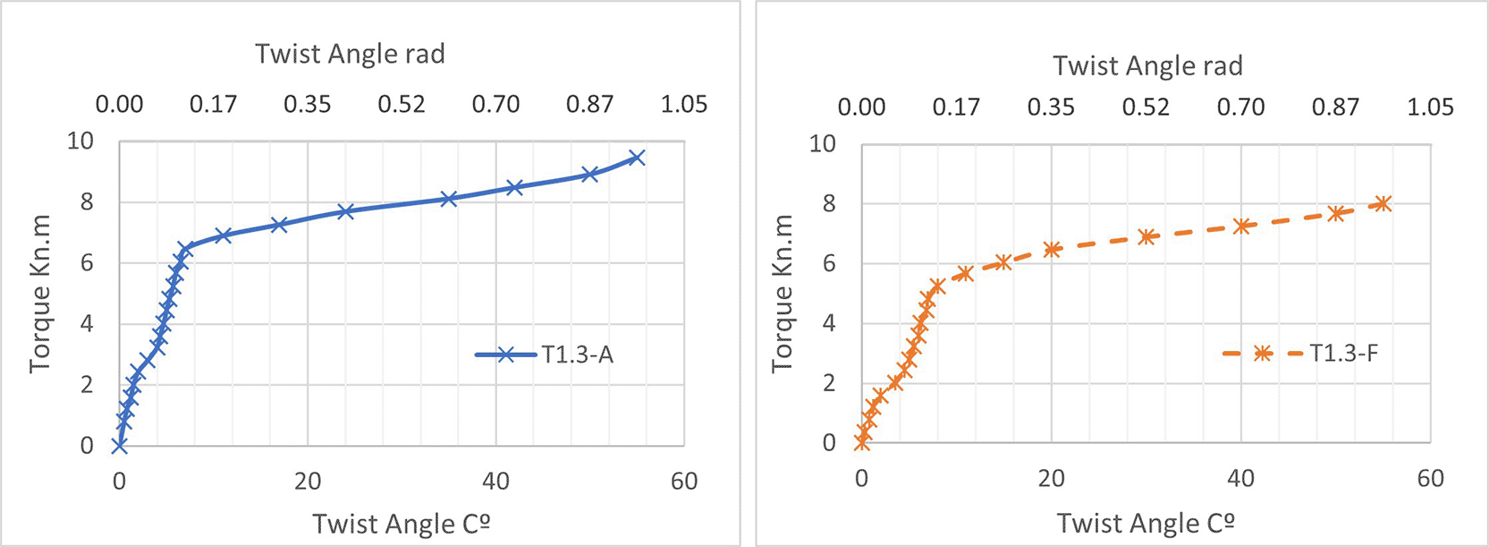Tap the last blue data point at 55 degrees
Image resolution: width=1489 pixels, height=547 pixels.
click(637, 158)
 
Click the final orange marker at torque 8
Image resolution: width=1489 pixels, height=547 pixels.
click(1383, 204)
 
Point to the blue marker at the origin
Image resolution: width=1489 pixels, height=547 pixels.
click(119, 445)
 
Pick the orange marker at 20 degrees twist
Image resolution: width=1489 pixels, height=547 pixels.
click(1052, 250)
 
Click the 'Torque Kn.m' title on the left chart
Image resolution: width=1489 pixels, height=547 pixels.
click(40, 293)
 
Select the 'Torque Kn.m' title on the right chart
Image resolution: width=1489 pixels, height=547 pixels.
click(783, 293)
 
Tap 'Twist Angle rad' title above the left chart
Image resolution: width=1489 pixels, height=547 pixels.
click(350, 54)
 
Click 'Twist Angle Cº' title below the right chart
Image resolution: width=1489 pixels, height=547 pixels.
click(1146, 523)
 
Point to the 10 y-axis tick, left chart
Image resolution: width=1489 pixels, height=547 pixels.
click(80, 141)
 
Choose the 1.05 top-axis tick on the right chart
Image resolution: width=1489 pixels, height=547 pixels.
click(1430, 107)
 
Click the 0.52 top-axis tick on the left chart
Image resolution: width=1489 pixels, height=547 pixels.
click(402, 104)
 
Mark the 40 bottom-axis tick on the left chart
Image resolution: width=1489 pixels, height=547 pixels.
click(495, 482)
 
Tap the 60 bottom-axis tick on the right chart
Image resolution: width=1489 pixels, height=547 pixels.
click(1430, 479)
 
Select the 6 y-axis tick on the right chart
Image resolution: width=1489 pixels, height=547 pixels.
click(829, 264)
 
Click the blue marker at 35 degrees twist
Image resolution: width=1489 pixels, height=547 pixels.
click(449, 199)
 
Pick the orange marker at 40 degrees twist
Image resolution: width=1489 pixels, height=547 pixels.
click(1241, 226)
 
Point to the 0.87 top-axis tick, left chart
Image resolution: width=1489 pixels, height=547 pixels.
click(590, 104)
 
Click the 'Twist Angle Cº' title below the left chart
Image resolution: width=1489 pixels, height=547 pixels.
click(401, 523)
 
